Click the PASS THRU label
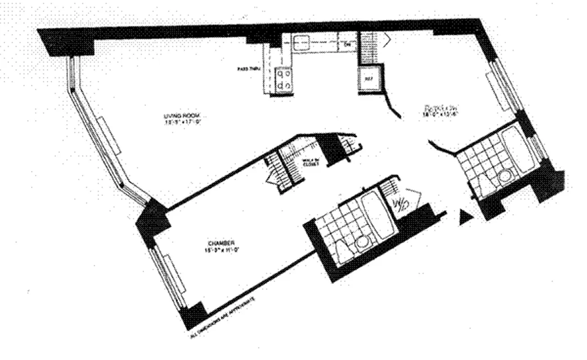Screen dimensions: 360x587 coord(246,69)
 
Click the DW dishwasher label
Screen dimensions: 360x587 coord(347,45)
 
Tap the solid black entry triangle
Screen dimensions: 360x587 coord(464,218)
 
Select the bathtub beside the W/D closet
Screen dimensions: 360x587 coord(377,216)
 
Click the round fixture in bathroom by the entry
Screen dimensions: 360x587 coord(504,177)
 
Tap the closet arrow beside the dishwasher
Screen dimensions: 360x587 coord(386,40)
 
